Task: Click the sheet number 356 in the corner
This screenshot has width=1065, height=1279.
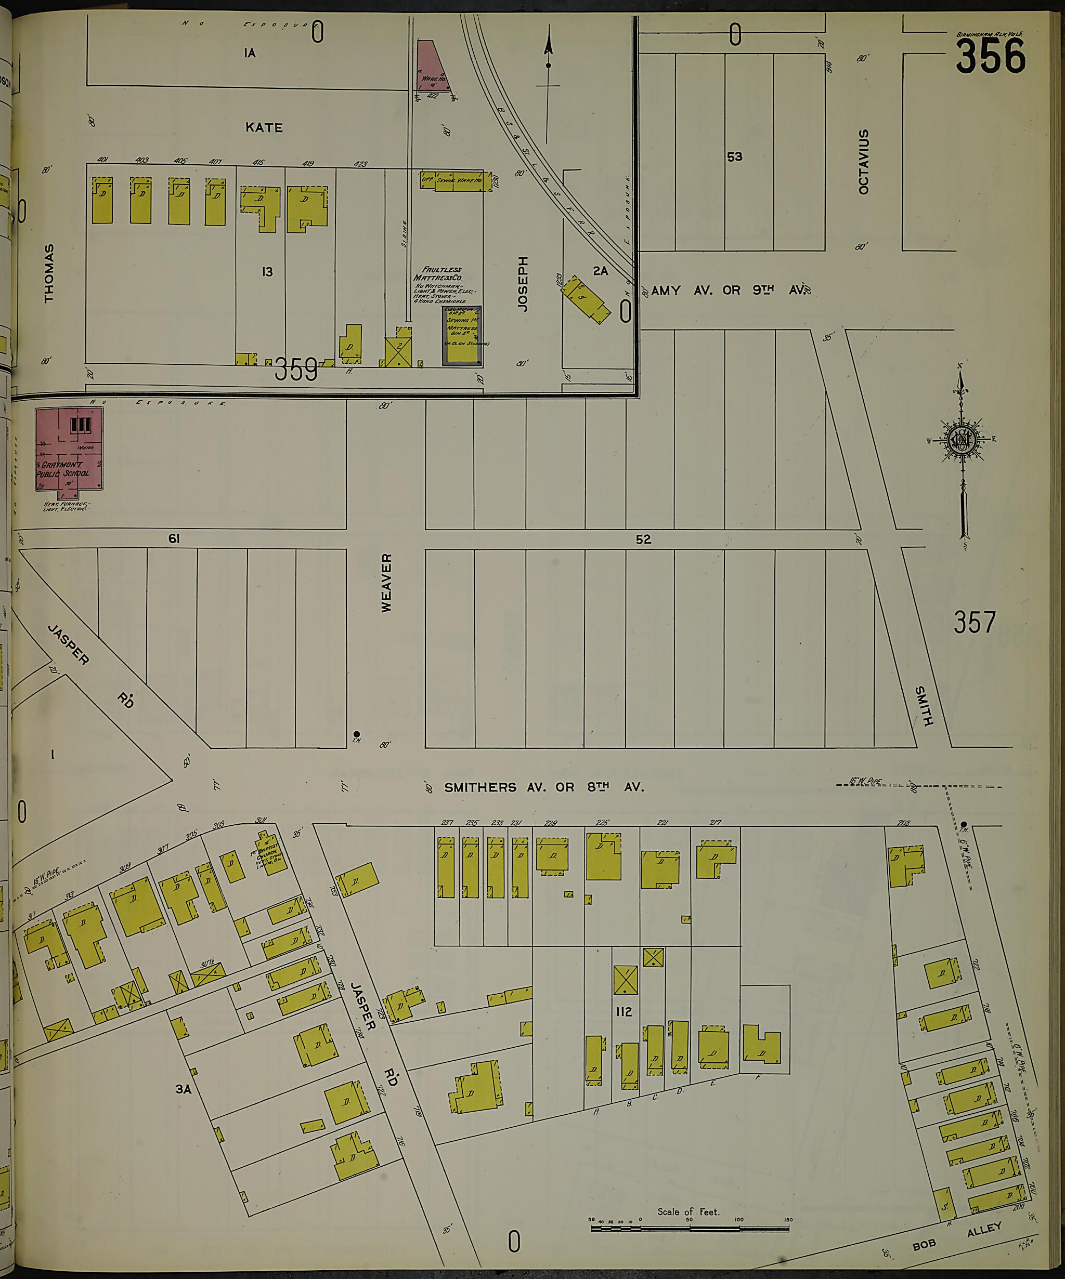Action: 990,56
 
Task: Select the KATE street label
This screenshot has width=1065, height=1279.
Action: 264,128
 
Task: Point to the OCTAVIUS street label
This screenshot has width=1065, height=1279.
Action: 863,162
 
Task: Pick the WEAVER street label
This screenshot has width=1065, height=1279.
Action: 386,582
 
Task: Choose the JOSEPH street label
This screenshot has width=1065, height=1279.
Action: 522,284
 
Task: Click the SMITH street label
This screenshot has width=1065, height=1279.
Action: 923,706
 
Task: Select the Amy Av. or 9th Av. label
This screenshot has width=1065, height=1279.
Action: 729,291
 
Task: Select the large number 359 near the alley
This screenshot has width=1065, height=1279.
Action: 296,369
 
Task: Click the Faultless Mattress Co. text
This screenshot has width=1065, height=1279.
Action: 437,273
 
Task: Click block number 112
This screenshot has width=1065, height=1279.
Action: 624,1012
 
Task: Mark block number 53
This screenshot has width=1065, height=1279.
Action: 734,156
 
